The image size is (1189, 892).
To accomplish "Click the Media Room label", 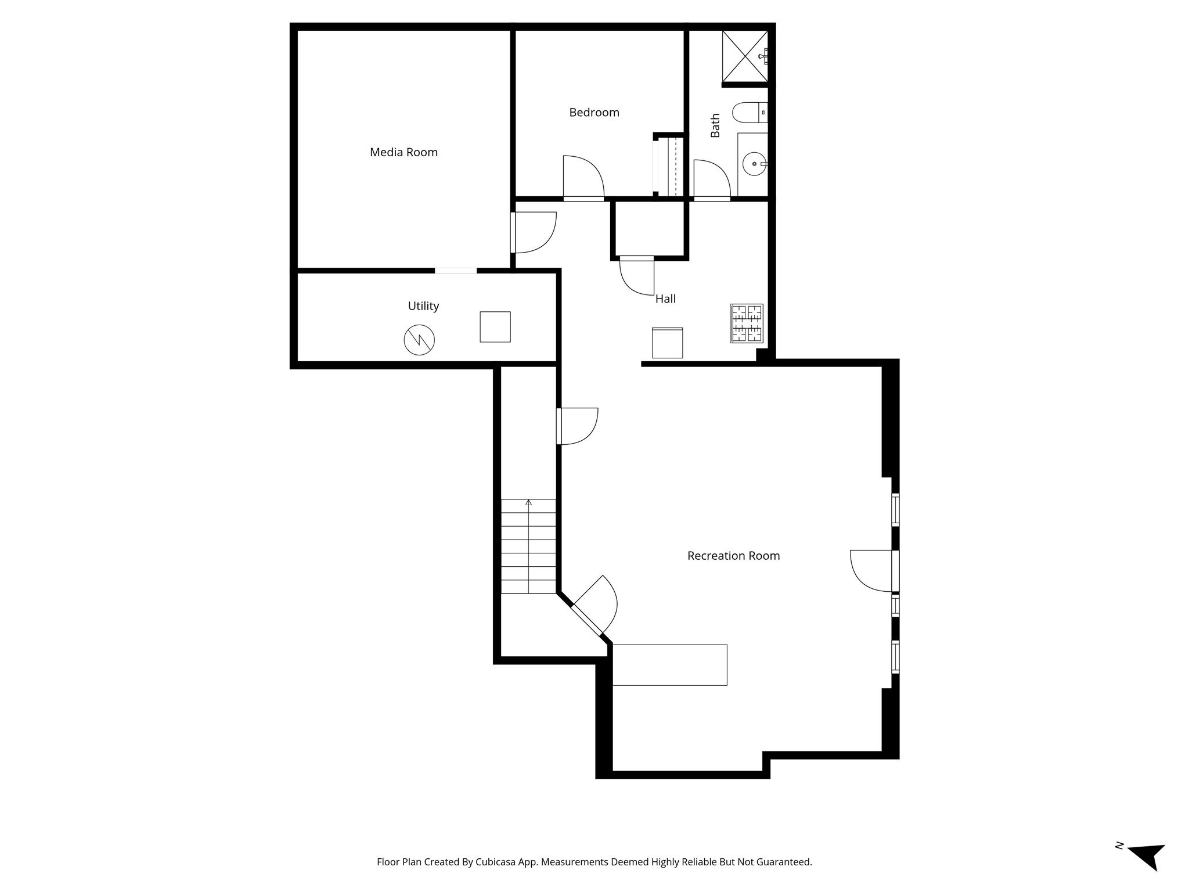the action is [x=403, y=152].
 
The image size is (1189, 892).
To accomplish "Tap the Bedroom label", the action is [x=594, y=113].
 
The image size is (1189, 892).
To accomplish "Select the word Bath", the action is [x=715, y=125].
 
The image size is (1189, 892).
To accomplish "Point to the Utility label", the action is [x=423, y=306].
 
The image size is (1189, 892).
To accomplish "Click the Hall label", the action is [x=665, y=299].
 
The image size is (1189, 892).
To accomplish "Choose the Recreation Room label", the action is [x=733, y=556].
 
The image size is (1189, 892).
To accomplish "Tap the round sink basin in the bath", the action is [x=754, y=164].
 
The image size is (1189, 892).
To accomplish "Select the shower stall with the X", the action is [x=745, y=56].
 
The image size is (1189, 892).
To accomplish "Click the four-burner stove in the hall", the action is [x=747, y=323].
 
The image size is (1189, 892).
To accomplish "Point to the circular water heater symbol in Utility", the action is [x=419, y=340].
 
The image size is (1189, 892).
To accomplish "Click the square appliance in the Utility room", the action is [x=495, y=327].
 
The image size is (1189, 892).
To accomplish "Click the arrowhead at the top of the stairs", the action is [x=528, y=502].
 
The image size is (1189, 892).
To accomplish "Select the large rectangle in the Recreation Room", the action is [x=670, y=665].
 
